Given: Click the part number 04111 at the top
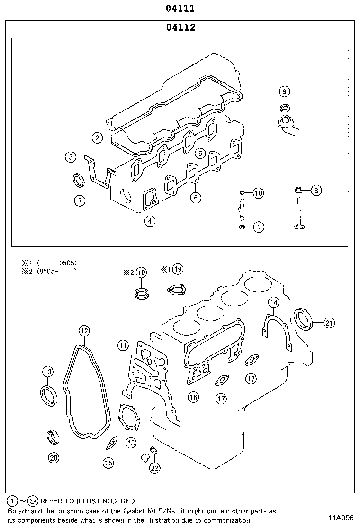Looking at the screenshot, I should click(x=180, y=9).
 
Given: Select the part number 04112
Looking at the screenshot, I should click(x=180, y=27).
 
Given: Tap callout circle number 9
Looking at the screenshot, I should click(x=284, y=91).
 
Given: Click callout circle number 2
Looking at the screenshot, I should click(x=97, y=138).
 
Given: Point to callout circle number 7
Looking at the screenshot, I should click(x=80, y=201).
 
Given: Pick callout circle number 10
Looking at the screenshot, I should click(x=258, y=193).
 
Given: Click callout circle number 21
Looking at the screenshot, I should click(x=329, y=323).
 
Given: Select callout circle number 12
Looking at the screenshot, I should click(x=84, y=330).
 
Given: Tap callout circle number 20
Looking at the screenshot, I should click(x=53, y=457).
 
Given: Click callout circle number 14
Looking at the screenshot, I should click(x=274, y=302).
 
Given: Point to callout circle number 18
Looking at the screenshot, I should click(x=131, y=443).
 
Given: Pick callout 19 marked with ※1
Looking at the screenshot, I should click(x=177, y=269).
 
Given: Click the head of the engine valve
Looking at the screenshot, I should click(x=299, y=227).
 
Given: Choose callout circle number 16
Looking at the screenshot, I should click(x=192, y=397).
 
